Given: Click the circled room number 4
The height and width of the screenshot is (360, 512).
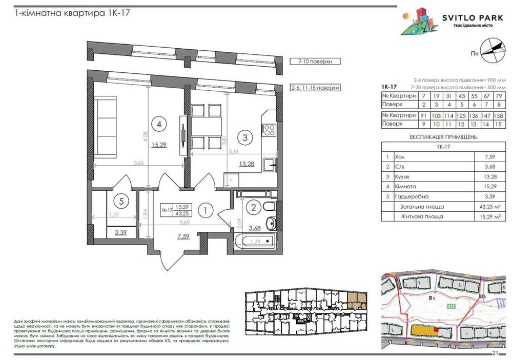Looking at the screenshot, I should pyautogui.click(x=160, y=124).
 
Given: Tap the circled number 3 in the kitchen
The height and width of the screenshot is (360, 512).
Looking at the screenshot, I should pyautogui.click(x=245, y=137).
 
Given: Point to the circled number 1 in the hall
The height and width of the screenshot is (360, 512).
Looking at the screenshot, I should pyautogui.click(x=205, y=210).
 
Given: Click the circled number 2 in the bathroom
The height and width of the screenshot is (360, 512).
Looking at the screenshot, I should pyautogui.click(x=252, y=208).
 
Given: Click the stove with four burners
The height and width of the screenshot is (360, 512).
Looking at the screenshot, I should pyautogui.click(x=270, y=129).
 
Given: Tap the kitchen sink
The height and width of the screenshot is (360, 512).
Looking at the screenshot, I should pyautogui.click(x=269, y=166).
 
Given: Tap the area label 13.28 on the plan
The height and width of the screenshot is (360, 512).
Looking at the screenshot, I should pyautogui.click(x=248, y=164).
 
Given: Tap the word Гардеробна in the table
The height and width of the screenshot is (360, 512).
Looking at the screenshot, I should pyautogui.click(x=415, y=197).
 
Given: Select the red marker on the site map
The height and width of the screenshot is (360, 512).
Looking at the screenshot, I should pyautogui.click(x=436, y=330).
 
